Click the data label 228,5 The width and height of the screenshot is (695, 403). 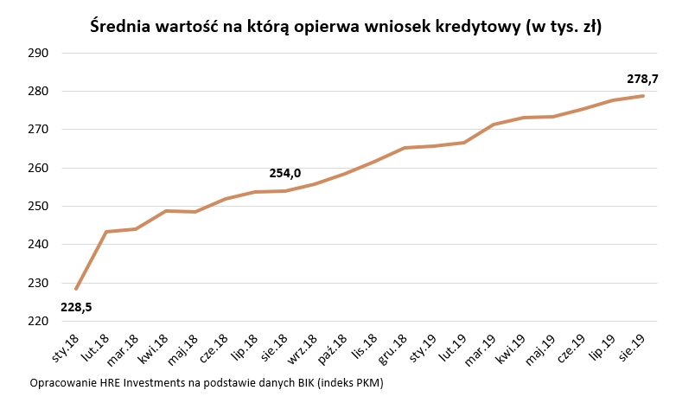[76, 306]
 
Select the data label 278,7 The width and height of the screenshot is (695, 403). [642, 79]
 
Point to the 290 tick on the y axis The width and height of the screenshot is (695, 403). [40, 53]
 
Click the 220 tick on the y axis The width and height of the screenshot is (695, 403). [40, 321]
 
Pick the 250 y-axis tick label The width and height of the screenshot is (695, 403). [40, 206]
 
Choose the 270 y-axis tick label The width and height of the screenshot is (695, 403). [40, 130]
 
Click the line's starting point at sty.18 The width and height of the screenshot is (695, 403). [76, 288]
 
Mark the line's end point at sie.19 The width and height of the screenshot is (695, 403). [643, 96]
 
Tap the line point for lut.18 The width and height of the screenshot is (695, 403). [106, 232]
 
